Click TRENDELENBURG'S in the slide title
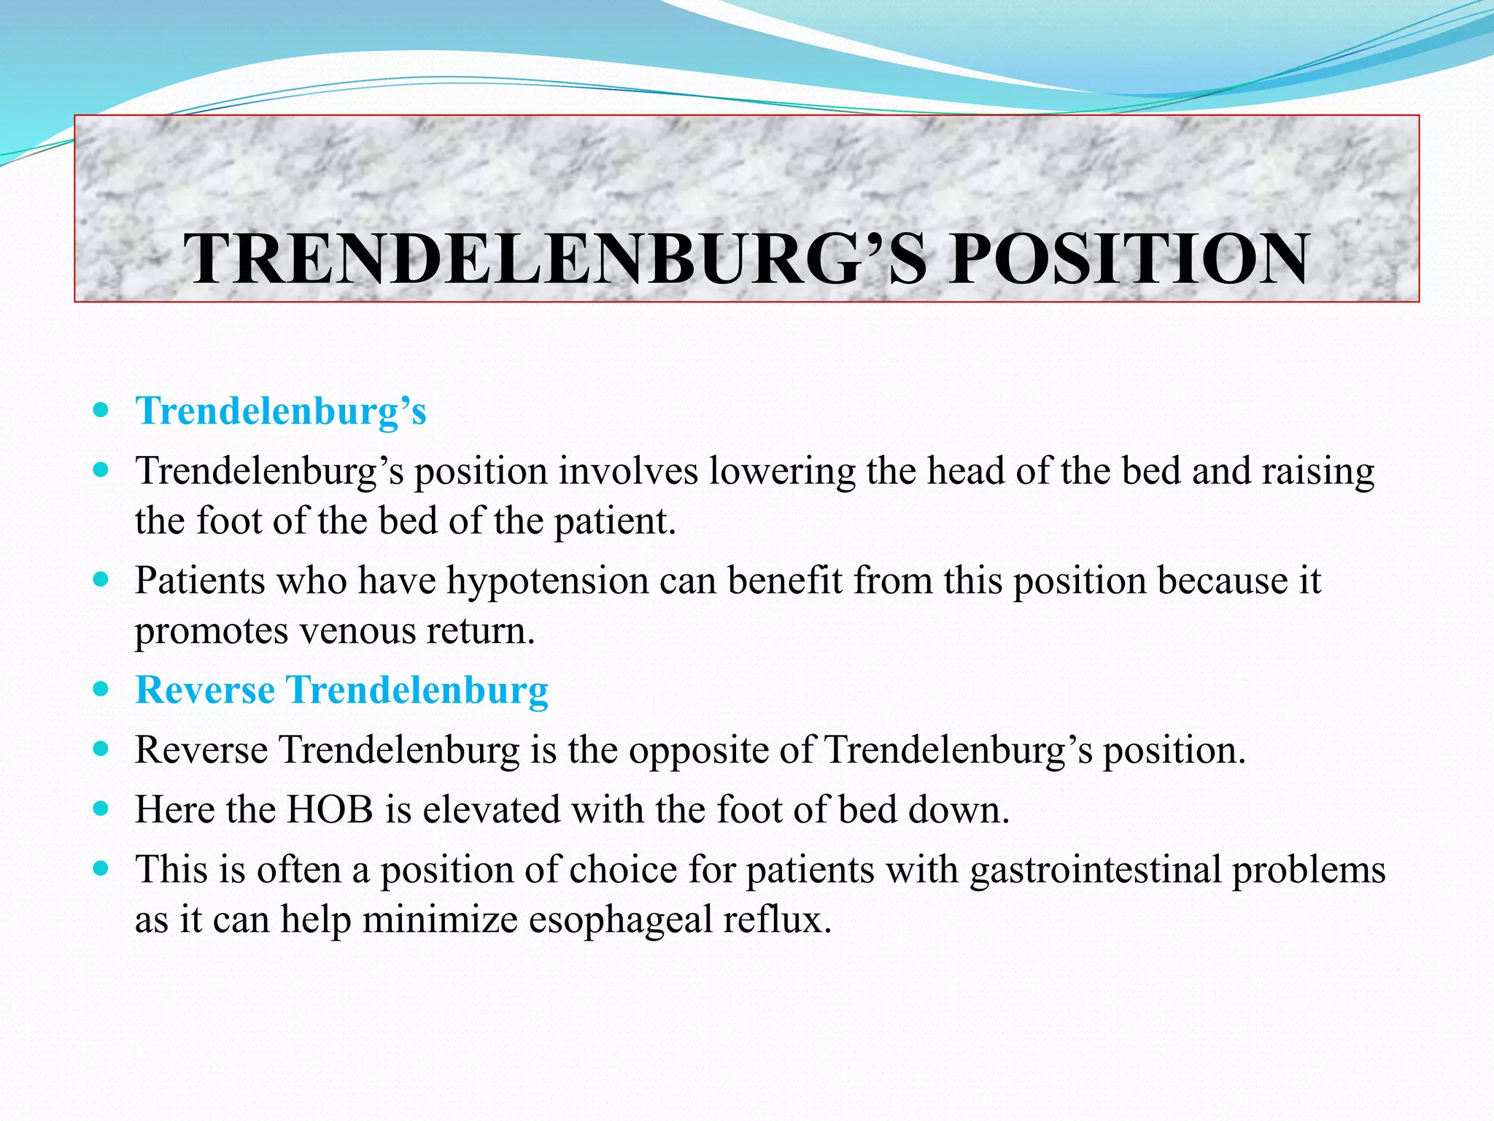554,259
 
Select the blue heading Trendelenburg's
281,411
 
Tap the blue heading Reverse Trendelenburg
341,690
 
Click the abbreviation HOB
330,810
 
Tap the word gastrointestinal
1095,870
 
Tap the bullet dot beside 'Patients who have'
101,581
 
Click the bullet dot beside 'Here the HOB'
101,809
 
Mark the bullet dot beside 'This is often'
101,869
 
